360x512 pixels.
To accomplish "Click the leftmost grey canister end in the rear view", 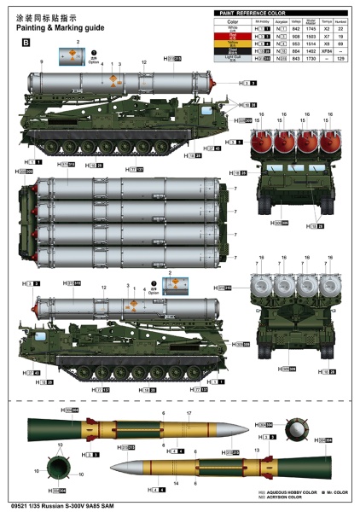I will click(259, 288).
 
